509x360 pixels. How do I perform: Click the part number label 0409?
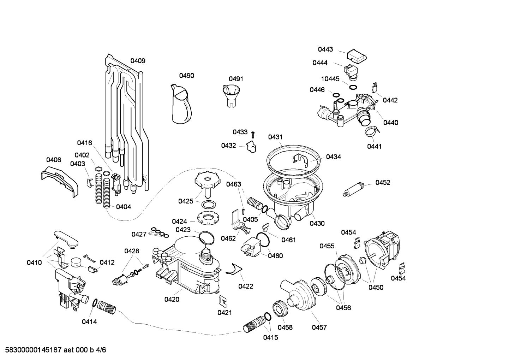pos(138,61)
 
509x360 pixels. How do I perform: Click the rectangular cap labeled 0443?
pos(356,56)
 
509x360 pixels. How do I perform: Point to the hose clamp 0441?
pos(373,132)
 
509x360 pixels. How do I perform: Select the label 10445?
pos(330,79)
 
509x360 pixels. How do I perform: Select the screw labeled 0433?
pos(253,134)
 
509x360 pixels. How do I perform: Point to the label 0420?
pos(172,299)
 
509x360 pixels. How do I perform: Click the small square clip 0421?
pos(223,300)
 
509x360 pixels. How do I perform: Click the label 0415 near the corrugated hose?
pos(270,337)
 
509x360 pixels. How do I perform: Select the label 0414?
pos(89,321)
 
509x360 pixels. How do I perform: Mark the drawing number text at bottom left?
pos(53,350)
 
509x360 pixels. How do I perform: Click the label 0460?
pos(275,255)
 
